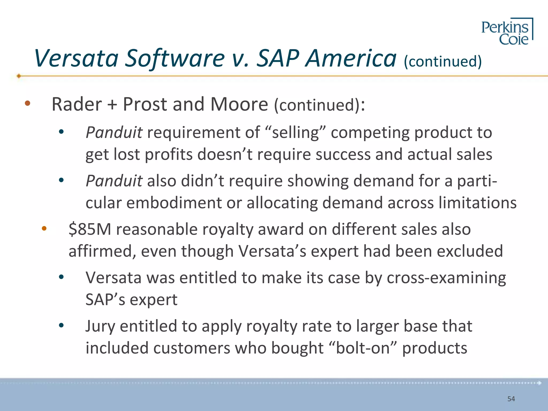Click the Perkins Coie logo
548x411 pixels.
507,32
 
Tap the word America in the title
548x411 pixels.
351,58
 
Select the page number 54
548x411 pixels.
511,399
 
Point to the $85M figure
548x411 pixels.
90,230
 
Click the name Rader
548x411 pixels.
77,104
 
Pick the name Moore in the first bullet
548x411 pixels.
239,104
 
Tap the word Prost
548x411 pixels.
145,104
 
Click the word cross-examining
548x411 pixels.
446,278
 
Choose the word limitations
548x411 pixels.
478,203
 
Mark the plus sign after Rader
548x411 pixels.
112,105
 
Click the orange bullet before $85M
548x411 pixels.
44,229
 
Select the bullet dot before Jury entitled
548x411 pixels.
61,325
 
